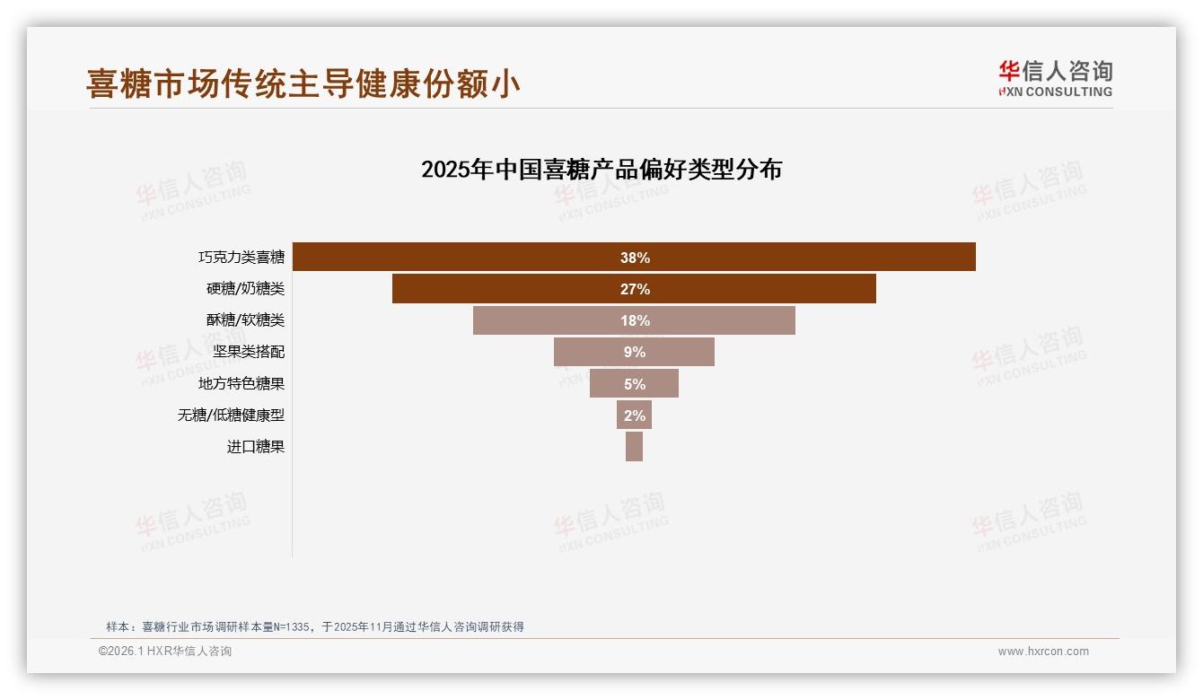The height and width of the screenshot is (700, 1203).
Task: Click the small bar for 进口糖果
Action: [634, 446]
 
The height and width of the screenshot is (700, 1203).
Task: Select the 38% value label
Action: [635, 258]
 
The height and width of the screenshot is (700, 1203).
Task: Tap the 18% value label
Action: [635, 320]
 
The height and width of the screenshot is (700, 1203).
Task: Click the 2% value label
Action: [635, 416]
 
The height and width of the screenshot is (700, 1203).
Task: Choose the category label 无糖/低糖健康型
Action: [231, 416]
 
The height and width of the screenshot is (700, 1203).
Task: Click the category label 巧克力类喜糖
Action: [241, 258]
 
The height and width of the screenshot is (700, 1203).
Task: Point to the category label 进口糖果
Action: [256, 447]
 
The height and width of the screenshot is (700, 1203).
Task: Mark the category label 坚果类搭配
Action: [249, 352]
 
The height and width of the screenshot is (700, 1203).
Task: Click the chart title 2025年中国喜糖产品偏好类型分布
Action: [601, 170]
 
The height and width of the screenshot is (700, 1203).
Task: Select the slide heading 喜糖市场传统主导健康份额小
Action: [303, 83]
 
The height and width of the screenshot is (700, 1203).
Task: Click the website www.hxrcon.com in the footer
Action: [1043, 652]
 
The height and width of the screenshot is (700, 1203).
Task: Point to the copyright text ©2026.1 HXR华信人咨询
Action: [165, 652]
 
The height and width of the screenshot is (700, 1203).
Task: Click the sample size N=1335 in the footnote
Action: [290, 627]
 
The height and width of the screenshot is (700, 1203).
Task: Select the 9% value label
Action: [635, 352]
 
